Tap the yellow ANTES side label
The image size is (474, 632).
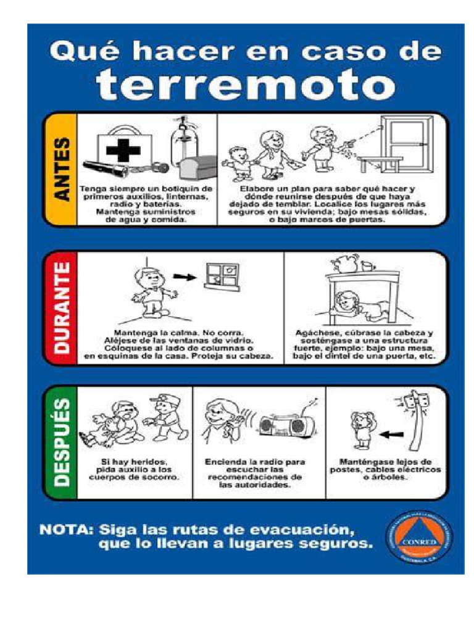[61, 168]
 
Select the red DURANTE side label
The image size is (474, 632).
[61, 307]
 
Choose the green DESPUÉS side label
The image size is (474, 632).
[61, 441]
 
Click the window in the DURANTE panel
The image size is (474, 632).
[222, 275]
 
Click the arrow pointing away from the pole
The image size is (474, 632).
[389, 434]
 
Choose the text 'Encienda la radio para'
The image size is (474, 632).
[254, 461]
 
